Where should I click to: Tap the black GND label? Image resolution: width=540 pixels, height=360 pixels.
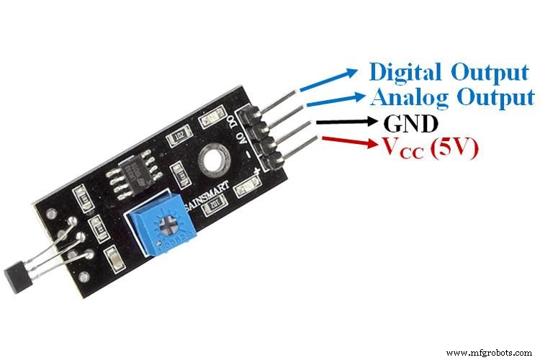click(x=411, y=124)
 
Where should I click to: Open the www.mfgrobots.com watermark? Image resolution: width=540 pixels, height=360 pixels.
click(x=490, y=352)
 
